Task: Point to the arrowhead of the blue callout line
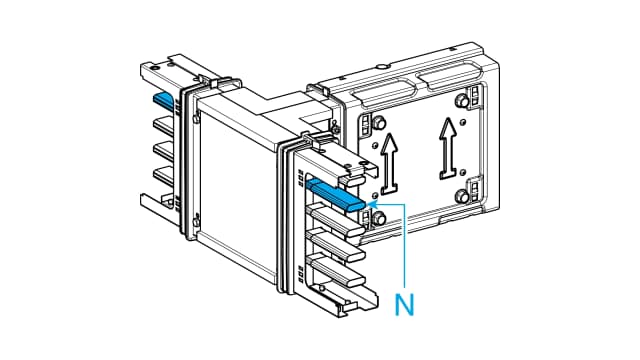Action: [372, 203]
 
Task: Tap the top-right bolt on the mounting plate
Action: [465, 100]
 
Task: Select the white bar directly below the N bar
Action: [333, 217]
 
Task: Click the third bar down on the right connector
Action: [333, 243]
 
